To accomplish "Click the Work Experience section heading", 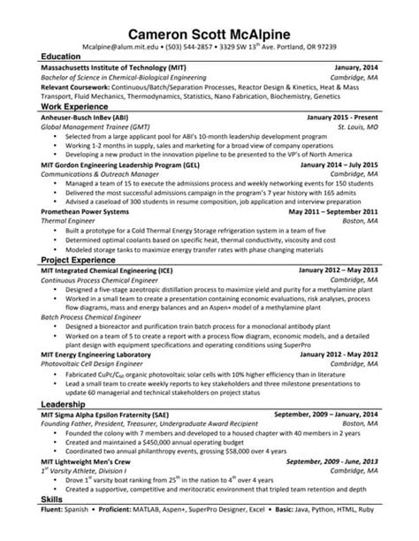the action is point(65,105).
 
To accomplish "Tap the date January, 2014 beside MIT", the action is point(362,66).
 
